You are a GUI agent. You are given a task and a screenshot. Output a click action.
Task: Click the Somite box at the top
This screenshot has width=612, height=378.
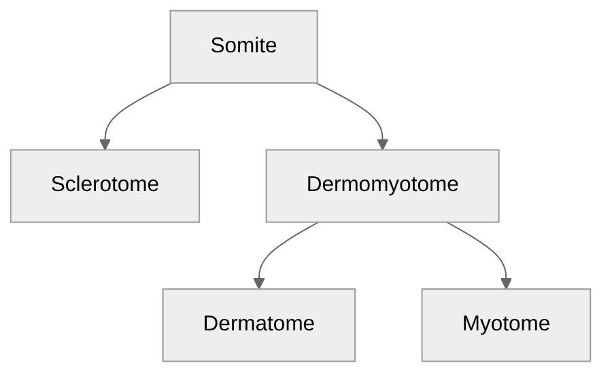tap(243, 46)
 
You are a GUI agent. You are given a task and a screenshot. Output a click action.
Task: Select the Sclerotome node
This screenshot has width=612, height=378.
tap(105, 185)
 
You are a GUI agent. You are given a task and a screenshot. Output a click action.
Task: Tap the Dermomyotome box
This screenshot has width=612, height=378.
tap(382, 185)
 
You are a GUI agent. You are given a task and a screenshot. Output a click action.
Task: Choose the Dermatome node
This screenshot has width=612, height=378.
tap(258, 324)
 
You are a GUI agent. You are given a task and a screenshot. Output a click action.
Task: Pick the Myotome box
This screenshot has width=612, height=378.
tap(506, 324)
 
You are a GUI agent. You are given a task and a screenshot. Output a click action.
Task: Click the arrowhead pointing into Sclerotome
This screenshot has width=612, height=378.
tap(105, 144)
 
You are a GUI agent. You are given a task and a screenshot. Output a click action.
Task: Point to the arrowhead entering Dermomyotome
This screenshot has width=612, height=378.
tap(382, 144)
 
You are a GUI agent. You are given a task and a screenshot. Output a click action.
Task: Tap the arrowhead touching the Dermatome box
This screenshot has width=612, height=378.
tap(258, 283)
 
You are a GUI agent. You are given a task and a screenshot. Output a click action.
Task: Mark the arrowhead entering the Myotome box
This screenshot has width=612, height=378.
tap(506, 283)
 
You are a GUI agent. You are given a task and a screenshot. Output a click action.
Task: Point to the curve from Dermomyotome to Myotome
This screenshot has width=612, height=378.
tap(486, 245)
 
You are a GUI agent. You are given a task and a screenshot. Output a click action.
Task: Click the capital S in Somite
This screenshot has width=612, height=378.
tap(217, 46)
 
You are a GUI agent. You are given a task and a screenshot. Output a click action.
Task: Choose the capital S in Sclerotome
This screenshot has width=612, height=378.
tap(57, 184)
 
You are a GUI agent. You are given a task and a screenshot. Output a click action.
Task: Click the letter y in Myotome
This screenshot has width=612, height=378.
tap(484, 326)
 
